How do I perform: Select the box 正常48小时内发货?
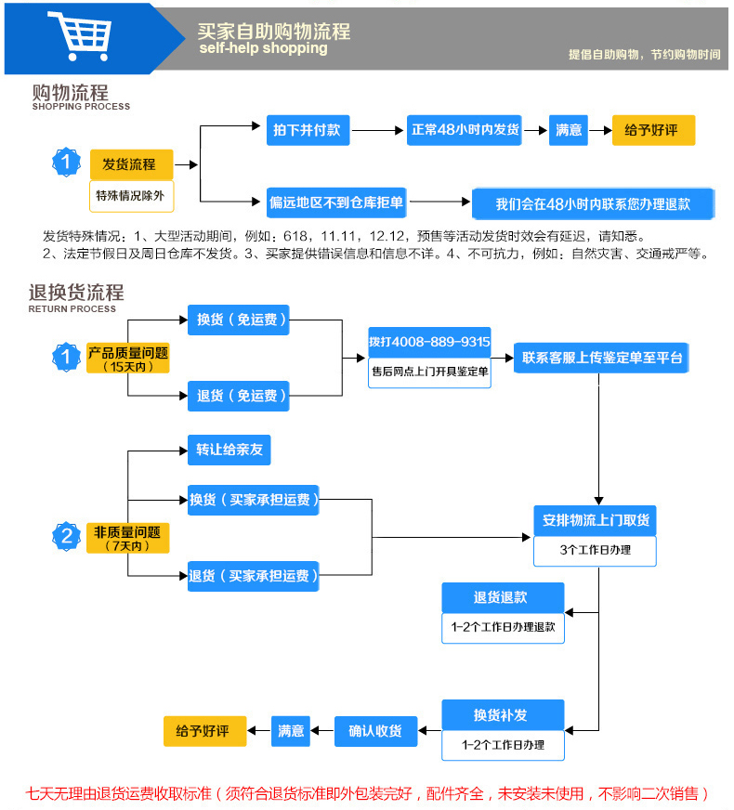(x=465, y=130)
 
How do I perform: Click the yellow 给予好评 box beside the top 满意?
(x=653, y=130)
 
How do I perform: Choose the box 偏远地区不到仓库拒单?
(x=335, y=202)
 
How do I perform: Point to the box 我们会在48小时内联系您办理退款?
(x=593, y=203)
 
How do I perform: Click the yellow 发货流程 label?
(x=131, y=164)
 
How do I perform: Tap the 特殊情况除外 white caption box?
(x=131, y=194)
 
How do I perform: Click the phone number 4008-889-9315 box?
(x=429, y=341)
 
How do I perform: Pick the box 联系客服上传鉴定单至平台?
(x=602, y=358)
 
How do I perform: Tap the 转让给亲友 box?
(x=229, y=450)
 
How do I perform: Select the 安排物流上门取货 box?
(x=595, y=520)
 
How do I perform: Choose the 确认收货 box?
(x=375, y=731)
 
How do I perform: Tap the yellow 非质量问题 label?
(x=128, y=533)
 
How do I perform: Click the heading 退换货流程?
(x=76, y=294)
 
